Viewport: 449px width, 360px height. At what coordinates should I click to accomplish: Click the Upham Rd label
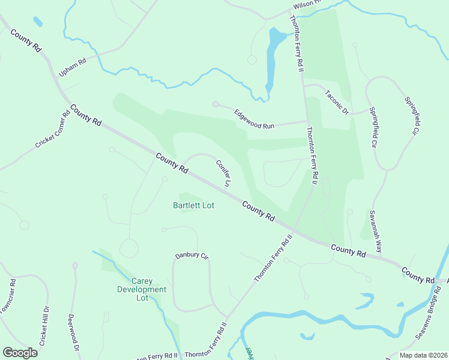coord(73,67)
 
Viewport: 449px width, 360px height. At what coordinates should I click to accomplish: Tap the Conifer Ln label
coord(223,172)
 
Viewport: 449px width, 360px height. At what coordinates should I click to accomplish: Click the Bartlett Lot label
coord(194,205)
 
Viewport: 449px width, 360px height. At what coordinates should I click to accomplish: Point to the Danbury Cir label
coord(191,256)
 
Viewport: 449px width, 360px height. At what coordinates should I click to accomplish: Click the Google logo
coord(20,352)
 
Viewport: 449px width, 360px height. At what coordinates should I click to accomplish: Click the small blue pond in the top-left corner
coord(38,22)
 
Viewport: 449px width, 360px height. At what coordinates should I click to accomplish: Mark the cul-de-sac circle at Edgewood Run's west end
coord(215,104)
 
